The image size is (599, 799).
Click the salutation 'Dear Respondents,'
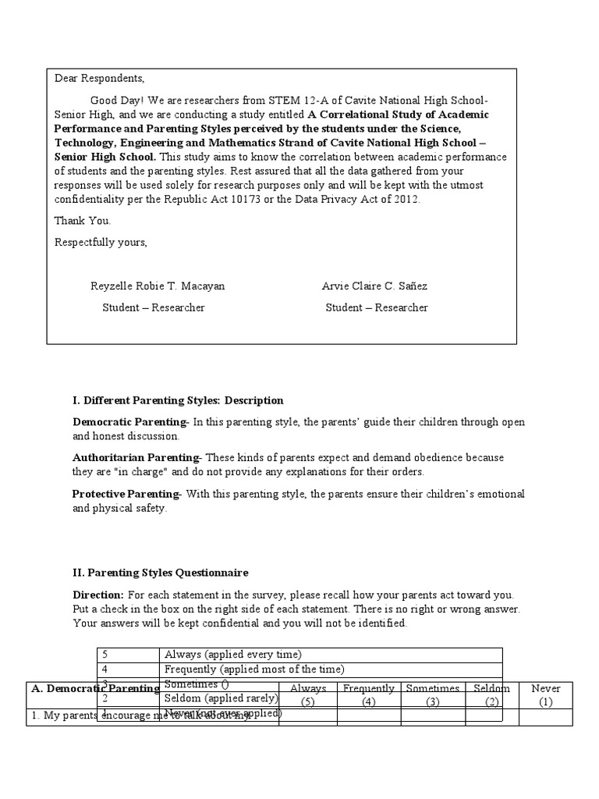[99, 79]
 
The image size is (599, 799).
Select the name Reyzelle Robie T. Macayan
[158, 286]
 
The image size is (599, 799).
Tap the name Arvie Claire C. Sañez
[374, 286]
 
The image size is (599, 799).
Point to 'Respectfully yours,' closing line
[101, 243]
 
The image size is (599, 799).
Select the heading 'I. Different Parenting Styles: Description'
[178, 400]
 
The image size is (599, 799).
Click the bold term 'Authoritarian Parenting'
[136, 457]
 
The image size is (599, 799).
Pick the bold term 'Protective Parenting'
[126, 494]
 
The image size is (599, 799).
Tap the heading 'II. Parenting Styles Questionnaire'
[161, 573]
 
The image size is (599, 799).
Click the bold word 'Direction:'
[98, 595]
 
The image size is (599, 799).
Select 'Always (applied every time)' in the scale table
[232, 655]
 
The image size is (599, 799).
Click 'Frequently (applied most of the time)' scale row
[253, 669]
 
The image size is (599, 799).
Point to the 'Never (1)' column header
[545, 694]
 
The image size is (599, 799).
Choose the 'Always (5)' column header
[307, 694]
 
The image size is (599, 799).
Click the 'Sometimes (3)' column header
[433, 694]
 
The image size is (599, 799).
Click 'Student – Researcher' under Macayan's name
[154, 307]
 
